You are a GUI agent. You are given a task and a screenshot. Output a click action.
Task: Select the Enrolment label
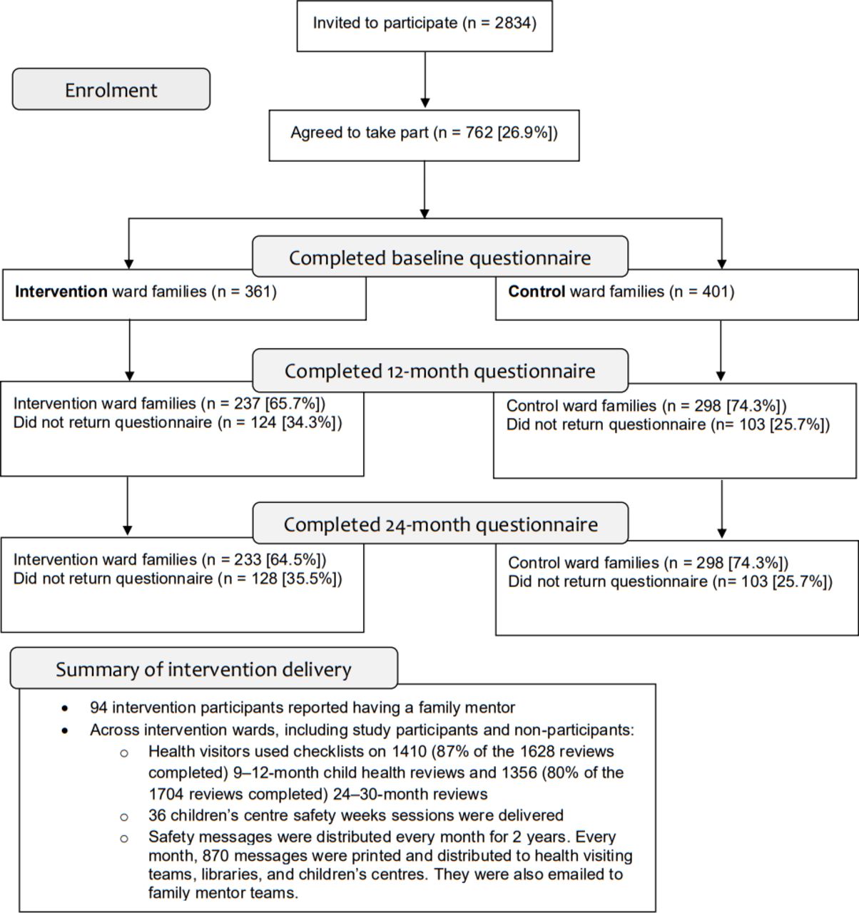[111, 90]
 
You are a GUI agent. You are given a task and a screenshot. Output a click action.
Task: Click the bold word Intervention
[61, 292]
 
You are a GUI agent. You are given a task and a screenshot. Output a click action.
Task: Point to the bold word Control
[537, 292]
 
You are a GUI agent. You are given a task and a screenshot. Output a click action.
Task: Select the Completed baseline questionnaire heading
[439, 258]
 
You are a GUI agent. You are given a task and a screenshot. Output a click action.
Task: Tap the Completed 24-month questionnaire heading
[440, 524]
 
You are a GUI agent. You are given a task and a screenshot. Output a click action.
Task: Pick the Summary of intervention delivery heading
[203, 669]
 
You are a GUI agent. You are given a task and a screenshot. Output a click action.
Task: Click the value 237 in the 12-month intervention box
[247, 404]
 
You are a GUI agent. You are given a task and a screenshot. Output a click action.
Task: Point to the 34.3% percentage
[309, 422]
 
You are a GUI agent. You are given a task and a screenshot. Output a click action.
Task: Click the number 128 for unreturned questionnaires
[264, 578]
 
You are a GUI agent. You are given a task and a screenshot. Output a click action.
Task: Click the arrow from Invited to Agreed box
[425, 80]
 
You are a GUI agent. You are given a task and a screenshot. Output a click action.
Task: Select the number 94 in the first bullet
[98, 708]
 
